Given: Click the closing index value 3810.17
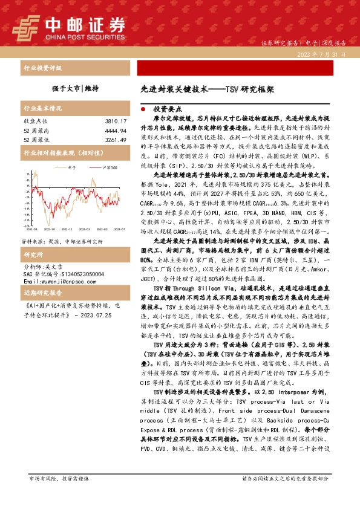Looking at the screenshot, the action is [115, 122].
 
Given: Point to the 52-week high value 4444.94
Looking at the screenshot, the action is [115, 131].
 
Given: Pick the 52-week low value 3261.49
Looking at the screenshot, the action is [115, 140].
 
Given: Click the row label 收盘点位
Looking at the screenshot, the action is [34, 122].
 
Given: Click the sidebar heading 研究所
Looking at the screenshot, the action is [33, 238].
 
